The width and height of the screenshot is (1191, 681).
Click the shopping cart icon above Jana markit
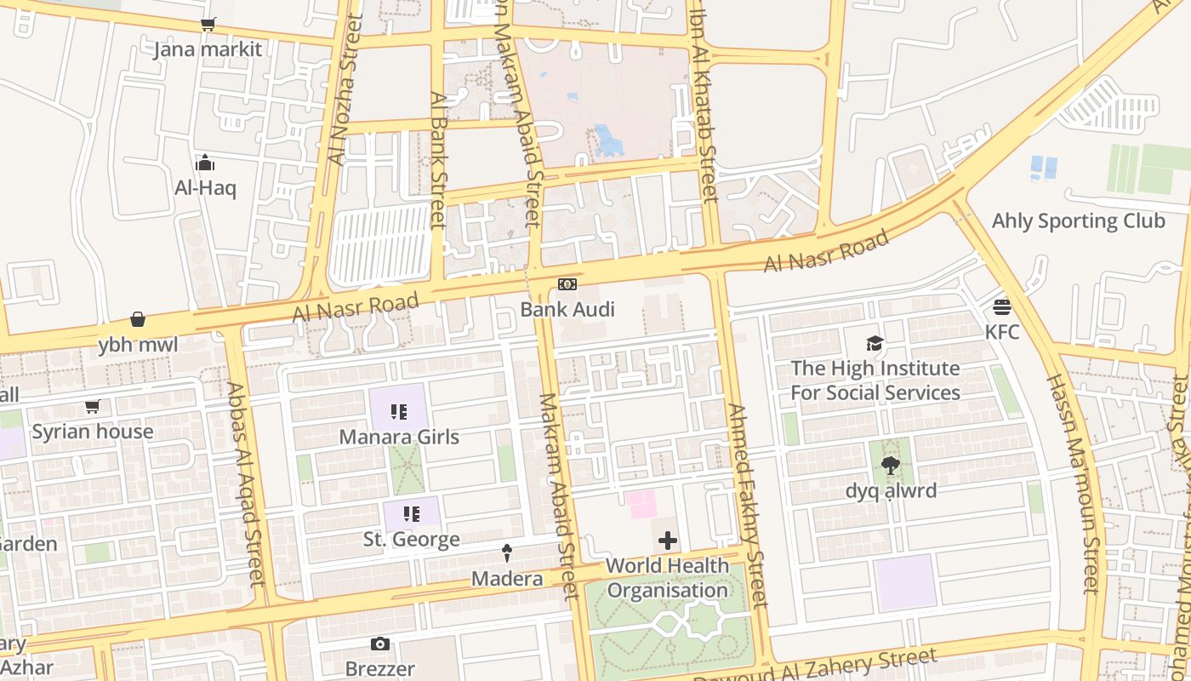[x=208, y=25]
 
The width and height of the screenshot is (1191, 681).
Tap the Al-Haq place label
[x=205, y=188]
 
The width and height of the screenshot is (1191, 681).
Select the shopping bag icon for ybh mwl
[x=138, y=319]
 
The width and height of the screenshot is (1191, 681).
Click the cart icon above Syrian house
[x=92, y=407]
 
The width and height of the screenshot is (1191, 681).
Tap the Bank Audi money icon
[x=567, y=284]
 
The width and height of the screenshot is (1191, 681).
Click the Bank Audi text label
[x=567, y=309]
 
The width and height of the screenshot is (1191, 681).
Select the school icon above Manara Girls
[x=398, y=412]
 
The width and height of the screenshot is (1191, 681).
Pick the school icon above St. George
[x=412, y=514]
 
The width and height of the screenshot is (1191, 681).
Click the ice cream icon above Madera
[x=508, y=553]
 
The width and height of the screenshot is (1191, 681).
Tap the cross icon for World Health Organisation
[x=668, y=541]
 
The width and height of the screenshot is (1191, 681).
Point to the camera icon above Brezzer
[x=380, y=644]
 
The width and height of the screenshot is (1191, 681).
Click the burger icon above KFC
[x=1002, y=306]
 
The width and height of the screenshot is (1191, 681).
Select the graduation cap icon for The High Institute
[x=875, y=344]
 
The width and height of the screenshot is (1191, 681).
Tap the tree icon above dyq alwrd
[x=891, y=466]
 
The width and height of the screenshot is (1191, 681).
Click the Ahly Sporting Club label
[x=1078, y=221]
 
